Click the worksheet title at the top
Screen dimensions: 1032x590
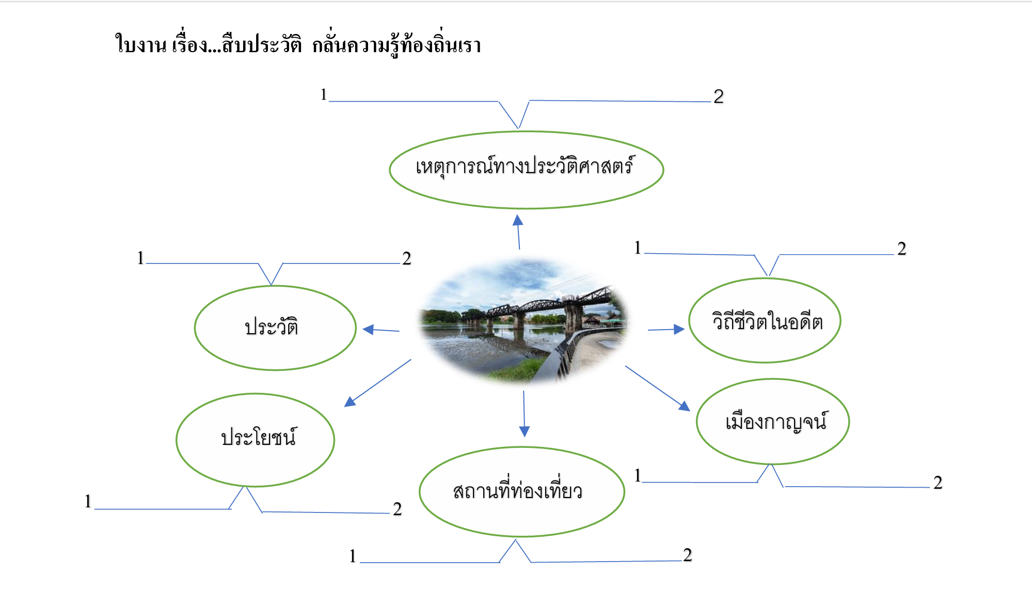[298, 43]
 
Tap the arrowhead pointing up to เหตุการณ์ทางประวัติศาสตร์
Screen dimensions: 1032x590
[518, 221]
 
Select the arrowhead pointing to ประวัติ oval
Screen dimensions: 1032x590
[369, 329]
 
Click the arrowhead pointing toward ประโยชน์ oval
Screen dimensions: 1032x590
[350, 401]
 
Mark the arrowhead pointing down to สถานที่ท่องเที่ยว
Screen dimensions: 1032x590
[525, 431]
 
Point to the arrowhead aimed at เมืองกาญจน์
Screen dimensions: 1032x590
[685, 406]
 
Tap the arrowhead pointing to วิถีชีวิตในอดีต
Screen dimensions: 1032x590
[679, 329]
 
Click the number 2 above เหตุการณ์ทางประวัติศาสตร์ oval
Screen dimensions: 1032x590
[719, 97]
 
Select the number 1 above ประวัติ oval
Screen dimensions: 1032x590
[140, 258]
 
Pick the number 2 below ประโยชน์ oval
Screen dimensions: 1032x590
[397, 509]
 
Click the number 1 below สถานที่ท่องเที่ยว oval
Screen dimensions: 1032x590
[353, 556]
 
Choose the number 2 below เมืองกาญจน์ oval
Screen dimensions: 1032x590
[938, 483]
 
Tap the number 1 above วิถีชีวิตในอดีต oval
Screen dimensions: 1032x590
[638, 247]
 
